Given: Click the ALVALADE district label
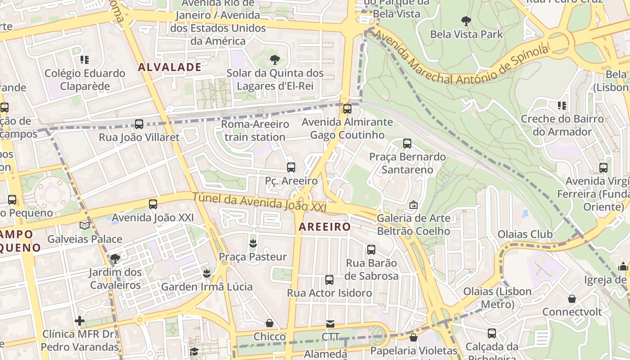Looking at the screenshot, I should (x=170, y=67).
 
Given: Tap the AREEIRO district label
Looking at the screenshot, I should (x=324, y=227).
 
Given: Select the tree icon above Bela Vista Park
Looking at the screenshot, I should (x=466, y=21).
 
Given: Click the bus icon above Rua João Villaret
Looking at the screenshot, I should (x=139, y=124).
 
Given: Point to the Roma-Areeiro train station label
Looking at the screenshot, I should (x=255, y=130).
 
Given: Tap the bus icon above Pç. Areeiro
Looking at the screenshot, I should (x=291, y=167).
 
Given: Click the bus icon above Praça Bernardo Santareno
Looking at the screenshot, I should (x=407, y=144).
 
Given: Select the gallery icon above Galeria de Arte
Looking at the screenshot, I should (x=413, y=205).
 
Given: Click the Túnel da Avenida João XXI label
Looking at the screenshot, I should (x=259, y=202).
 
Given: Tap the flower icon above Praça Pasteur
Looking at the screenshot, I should (x=252, y=244).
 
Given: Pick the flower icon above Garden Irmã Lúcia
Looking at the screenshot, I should (x=207, y=274).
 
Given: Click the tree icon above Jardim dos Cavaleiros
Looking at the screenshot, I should (x=115, y=259).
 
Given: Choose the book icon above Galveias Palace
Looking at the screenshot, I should (x=85, y=225).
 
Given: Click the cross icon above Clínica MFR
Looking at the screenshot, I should (x=80, y=321).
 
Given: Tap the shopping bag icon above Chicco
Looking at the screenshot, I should (x=270, y=323).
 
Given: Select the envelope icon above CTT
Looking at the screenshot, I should (x=330, y=324).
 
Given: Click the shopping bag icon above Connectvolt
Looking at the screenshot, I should (x=571, y=299).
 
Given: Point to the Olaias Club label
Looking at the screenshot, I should (x=525, y=234).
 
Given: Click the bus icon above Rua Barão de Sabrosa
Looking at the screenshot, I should (x=371, y=250).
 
